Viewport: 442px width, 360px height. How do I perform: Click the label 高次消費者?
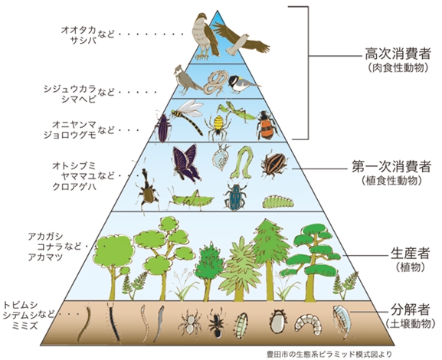tap(398, 54)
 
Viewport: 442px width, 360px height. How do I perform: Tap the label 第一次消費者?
tap(391, 167)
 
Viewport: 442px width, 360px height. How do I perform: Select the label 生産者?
tap(410, 254)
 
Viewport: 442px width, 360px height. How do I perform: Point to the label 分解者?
tap(410, 309)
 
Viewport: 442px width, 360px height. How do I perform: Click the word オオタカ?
tap(79, 30)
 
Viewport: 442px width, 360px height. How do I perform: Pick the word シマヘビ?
tap(79, 100)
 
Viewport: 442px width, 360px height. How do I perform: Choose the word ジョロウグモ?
tap(70, 135)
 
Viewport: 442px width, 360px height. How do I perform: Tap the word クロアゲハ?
tap(74, 186)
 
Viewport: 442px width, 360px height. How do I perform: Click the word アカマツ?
tap(45, 257)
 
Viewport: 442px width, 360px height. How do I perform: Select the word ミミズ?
tap(25, 326)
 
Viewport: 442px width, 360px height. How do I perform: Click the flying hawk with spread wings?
tap(241, 39)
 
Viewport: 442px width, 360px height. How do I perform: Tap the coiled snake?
tap(215, 82)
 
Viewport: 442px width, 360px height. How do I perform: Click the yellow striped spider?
tap(218, 126)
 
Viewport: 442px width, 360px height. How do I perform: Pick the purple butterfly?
tap(186, 163)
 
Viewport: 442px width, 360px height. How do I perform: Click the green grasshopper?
tap(191, 199)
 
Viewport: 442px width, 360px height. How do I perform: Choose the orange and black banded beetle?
tap(266, 126)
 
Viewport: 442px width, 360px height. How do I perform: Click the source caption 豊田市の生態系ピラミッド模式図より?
tap(329, 354)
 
